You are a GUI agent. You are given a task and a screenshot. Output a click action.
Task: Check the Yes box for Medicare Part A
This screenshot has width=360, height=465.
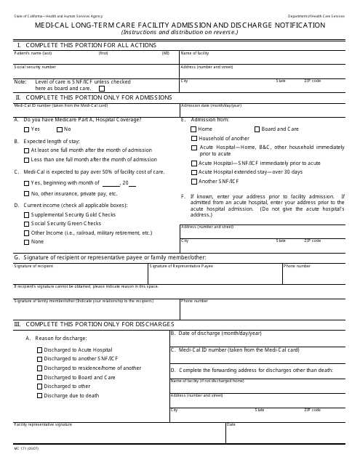click(26, 129)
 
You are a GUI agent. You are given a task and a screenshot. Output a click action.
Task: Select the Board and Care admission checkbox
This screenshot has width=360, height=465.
click(256, 129)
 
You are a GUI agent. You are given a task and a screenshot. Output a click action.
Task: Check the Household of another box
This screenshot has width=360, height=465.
click(194, 138)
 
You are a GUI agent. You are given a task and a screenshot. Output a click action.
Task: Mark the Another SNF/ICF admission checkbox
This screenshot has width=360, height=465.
click(194, 181)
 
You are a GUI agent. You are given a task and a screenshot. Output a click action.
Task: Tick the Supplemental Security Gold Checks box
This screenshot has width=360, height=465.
click(26, 215)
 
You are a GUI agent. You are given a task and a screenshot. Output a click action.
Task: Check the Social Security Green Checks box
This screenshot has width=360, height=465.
click(26, 224)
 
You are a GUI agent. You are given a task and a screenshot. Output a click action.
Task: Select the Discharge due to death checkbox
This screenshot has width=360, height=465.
click(39, 395)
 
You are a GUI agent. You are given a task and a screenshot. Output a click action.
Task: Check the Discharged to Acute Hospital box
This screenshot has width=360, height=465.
click(39, 349)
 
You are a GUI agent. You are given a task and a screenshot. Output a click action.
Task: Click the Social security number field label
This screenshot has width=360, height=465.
click(35, 67)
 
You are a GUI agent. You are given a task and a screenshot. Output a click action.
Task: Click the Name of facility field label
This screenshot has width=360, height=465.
click(195, 54)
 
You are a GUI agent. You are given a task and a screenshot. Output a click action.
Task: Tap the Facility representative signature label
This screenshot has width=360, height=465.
click(43, 424)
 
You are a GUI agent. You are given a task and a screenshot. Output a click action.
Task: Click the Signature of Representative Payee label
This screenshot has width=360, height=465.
click(181, 267)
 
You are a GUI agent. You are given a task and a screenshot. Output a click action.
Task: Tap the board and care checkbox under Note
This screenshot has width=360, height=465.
click(101, 88)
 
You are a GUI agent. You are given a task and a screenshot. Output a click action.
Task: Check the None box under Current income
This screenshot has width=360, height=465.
click(26, 241)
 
